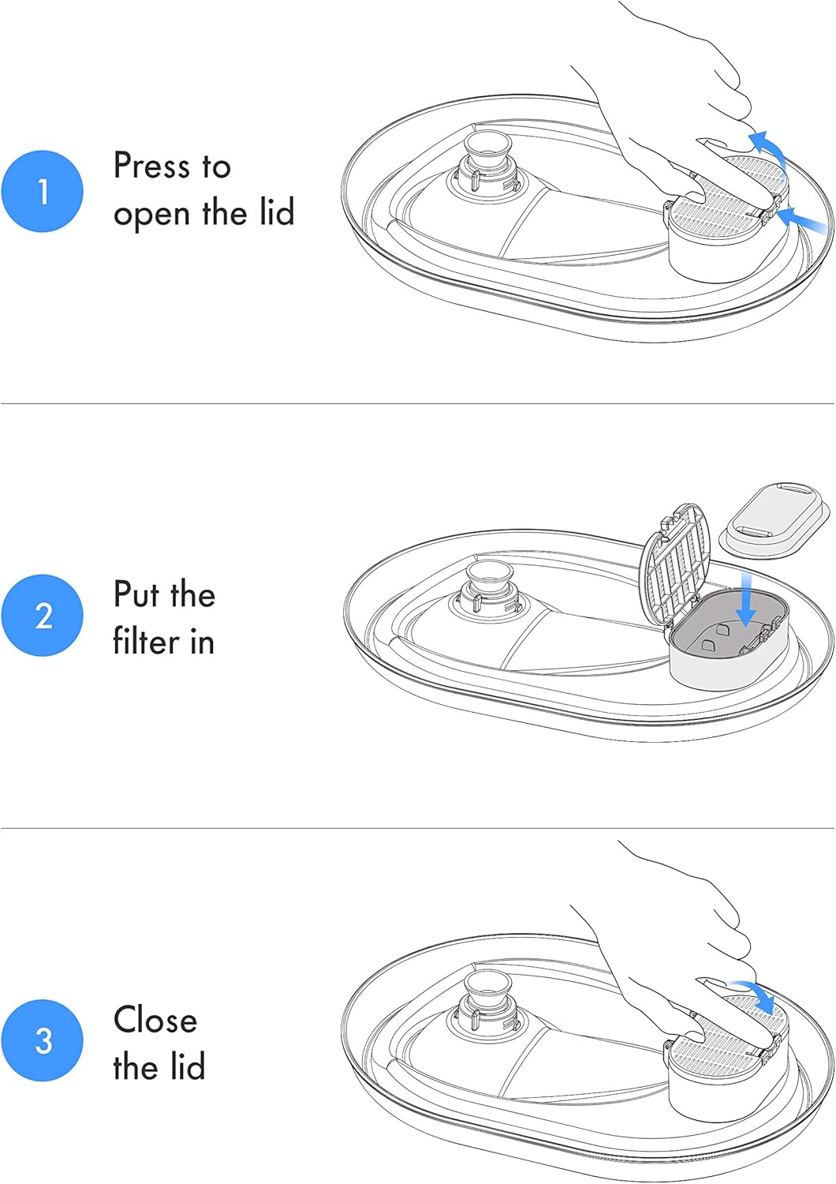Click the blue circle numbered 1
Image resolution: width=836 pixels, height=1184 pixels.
[x=43, y=191]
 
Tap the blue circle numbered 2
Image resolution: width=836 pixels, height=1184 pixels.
[x=43, y=615]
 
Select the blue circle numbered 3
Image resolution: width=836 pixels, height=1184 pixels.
[x=43, y=1040]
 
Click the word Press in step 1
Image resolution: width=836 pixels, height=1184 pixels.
[x=152, y=166]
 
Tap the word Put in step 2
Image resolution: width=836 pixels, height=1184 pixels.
[x=136, y=594]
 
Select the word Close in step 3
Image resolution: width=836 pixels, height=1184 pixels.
[x=155, y=1019]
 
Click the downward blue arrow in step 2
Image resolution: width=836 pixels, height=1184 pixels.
[x=745, y=598]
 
